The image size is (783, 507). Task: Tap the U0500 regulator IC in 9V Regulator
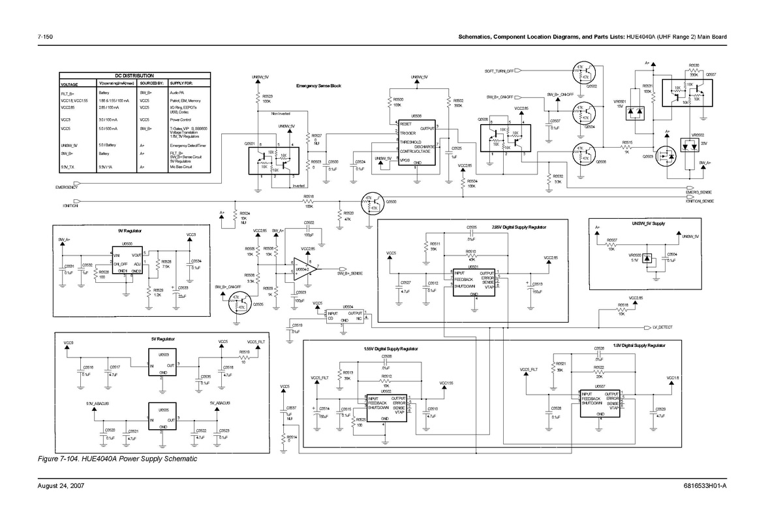(129, 260)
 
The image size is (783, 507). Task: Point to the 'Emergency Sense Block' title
(318, 86)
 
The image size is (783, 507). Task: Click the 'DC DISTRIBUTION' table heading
(134, 76)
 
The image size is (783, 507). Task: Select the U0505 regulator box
(162, 416)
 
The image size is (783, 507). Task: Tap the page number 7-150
(45, 37)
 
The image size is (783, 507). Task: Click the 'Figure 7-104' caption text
(117, 459)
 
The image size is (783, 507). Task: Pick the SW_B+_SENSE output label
(350, 273)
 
